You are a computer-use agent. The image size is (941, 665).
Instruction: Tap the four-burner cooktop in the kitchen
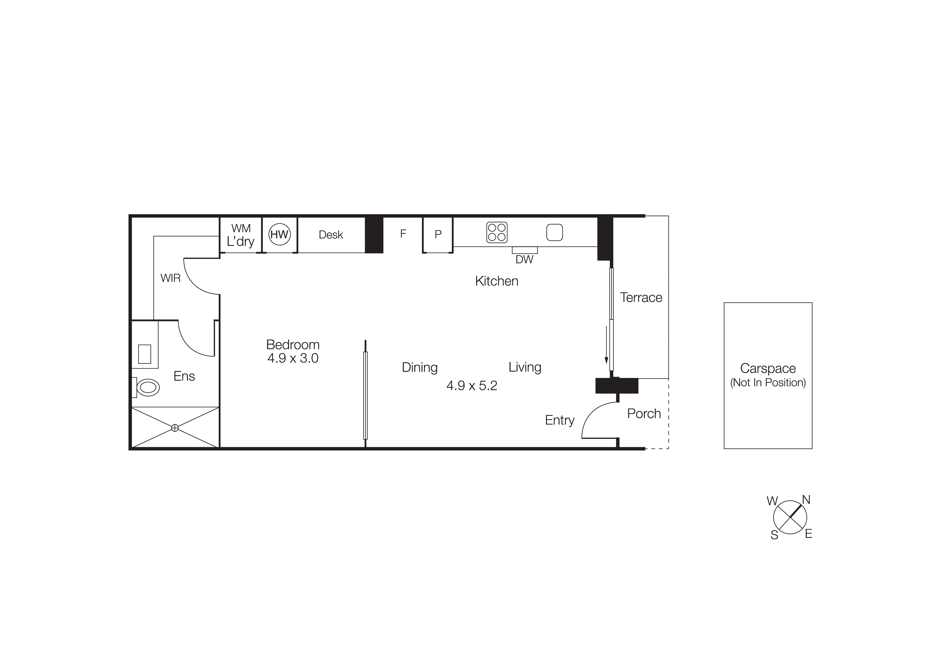tap(497, 232)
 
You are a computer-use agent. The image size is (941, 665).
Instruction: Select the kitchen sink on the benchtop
tap(554, 232)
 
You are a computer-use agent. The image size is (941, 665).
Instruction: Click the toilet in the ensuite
tap(147, 387)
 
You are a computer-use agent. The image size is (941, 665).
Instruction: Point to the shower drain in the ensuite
tap(175, 428)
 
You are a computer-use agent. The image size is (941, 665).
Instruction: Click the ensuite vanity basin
tap(145, 354)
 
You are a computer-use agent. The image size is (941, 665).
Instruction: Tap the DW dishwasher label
tap(524, 259)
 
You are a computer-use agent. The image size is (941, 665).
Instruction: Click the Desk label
tap(331, 235)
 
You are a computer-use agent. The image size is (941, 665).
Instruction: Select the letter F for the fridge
tap(403, 234)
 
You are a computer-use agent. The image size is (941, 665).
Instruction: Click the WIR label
tap(171, 278)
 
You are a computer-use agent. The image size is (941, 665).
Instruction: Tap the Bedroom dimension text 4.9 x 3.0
tap(293, 358)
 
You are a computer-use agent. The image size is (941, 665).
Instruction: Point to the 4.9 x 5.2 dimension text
tap(472, 385)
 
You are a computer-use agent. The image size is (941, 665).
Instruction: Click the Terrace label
tap(641, 297)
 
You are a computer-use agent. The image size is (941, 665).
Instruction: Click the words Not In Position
tap(768, 383)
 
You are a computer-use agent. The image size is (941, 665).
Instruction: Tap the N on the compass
tap(806, 500)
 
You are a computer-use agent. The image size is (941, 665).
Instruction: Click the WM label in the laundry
tap(241, 228)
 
